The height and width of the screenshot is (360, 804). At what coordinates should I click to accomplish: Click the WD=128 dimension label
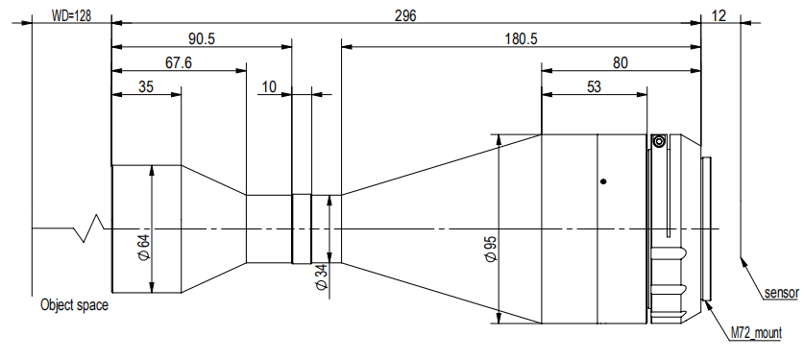71,16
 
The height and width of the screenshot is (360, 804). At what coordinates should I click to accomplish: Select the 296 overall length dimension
405,16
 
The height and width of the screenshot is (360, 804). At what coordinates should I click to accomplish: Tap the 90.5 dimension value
202,39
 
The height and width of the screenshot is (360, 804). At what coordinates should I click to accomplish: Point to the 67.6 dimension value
178,63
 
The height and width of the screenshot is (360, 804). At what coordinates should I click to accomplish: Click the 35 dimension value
146,86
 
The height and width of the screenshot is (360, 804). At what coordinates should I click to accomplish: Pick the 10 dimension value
269,86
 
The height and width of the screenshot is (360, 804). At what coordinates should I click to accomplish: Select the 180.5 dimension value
521,39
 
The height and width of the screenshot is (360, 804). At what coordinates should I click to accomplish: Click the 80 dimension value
620,63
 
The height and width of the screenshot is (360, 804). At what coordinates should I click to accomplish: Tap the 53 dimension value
594,86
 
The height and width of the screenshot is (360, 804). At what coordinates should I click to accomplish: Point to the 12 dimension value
719,16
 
